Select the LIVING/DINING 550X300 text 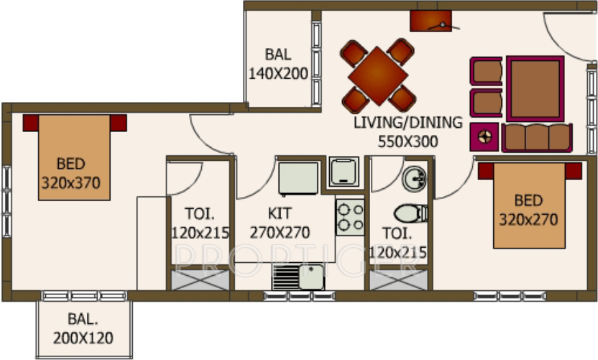[408, 133]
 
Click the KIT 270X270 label [280, 223]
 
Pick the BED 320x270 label [529, 210]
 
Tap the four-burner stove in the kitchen [350, 216]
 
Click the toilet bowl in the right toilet [411, 213]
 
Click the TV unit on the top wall [431, 21]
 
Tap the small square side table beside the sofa [486, 137]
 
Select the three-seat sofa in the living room [536, 138]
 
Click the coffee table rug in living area [534, 89]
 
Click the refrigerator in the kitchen [298, 177]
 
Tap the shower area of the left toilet [199, 279]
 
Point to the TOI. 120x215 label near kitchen [200, 223]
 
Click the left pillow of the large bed [31, 123]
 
